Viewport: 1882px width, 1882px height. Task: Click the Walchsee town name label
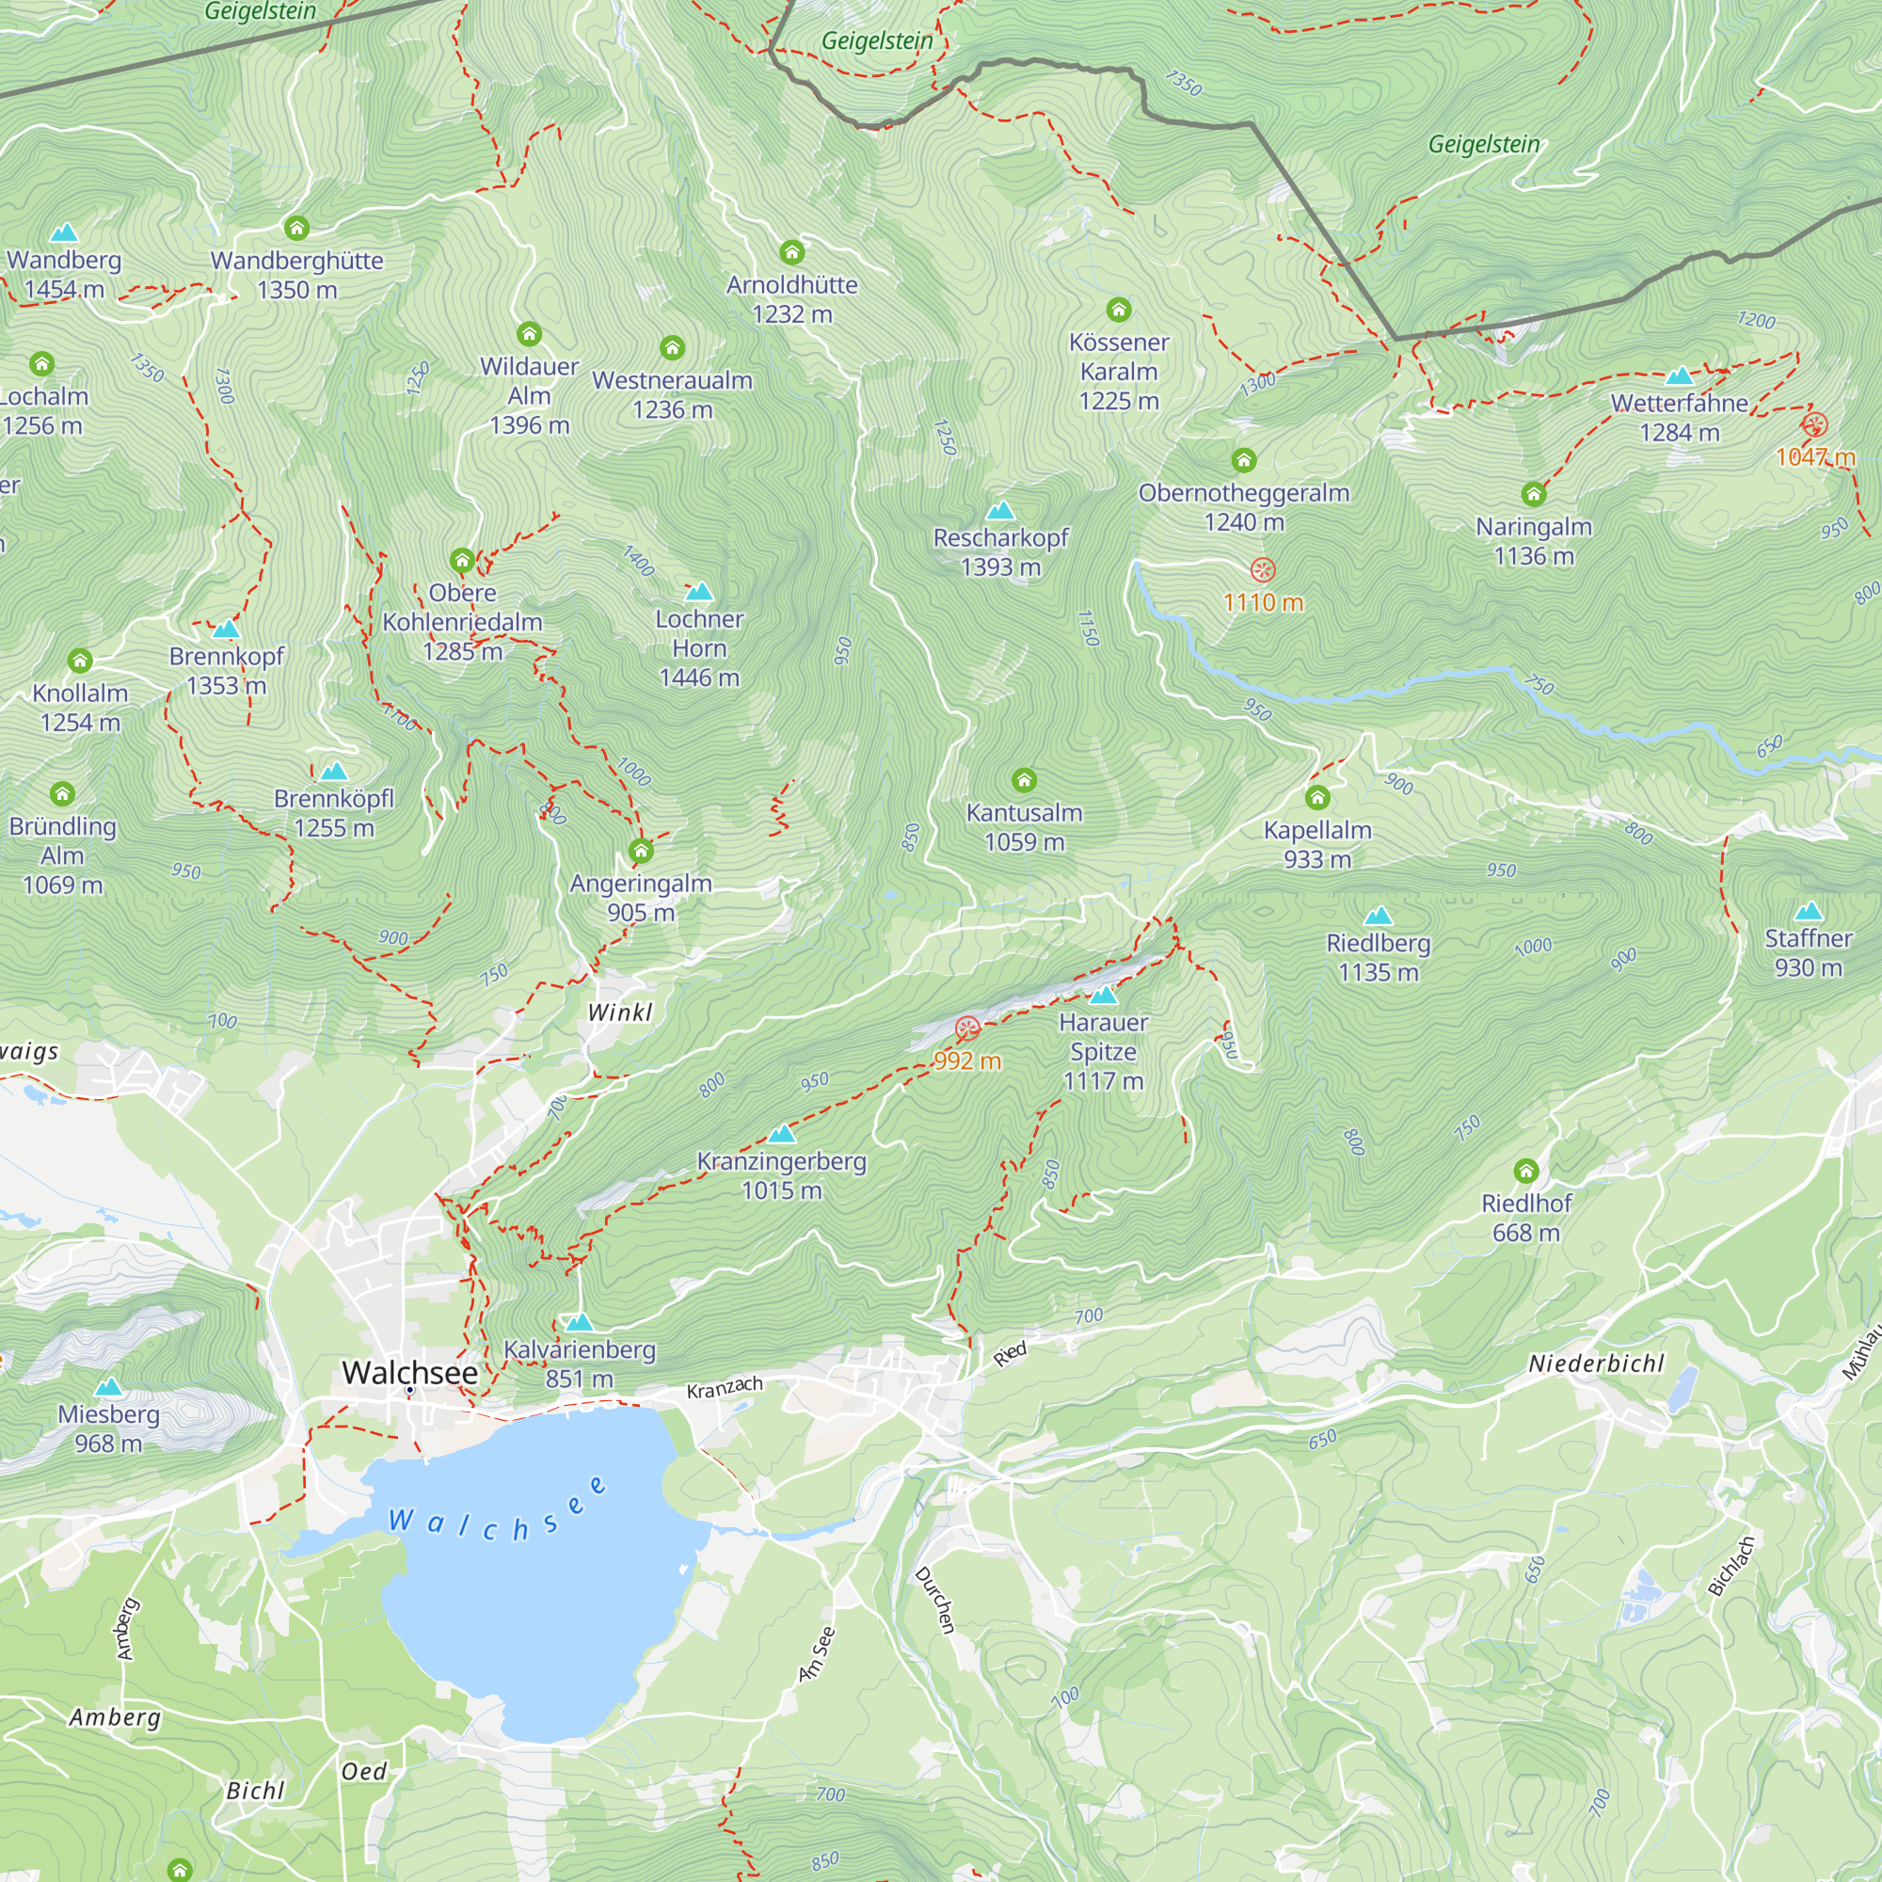[409, 1373]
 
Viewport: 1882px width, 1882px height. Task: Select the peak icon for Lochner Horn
[698, 592]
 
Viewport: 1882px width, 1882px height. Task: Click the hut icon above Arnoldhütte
[792, 253]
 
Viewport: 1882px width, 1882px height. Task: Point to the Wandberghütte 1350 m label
[297, 275]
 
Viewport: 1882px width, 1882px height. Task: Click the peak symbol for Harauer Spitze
[1103, 996]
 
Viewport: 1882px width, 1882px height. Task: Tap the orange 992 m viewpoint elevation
[966, 1061]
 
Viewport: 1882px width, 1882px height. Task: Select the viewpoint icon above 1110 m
[1263, 570]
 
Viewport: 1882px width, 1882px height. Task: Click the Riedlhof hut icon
[1525, 1171]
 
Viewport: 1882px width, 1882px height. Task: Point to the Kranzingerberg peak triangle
[781, 1134]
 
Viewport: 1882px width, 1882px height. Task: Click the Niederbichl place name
[1596, 1364]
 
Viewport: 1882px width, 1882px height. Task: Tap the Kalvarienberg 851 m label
[579, 1364]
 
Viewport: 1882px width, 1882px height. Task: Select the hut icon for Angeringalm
[640, 852]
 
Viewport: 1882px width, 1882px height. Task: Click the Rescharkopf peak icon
[1000, 511]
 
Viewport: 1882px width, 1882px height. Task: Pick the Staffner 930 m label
[1808, 952]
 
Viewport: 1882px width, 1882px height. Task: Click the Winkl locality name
[619, 1013]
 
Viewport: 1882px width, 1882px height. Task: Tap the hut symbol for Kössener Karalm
[1118, 311]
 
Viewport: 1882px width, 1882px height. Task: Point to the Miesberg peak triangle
[108, 1387]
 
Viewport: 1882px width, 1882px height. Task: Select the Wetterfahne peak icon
[1679, 376]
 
